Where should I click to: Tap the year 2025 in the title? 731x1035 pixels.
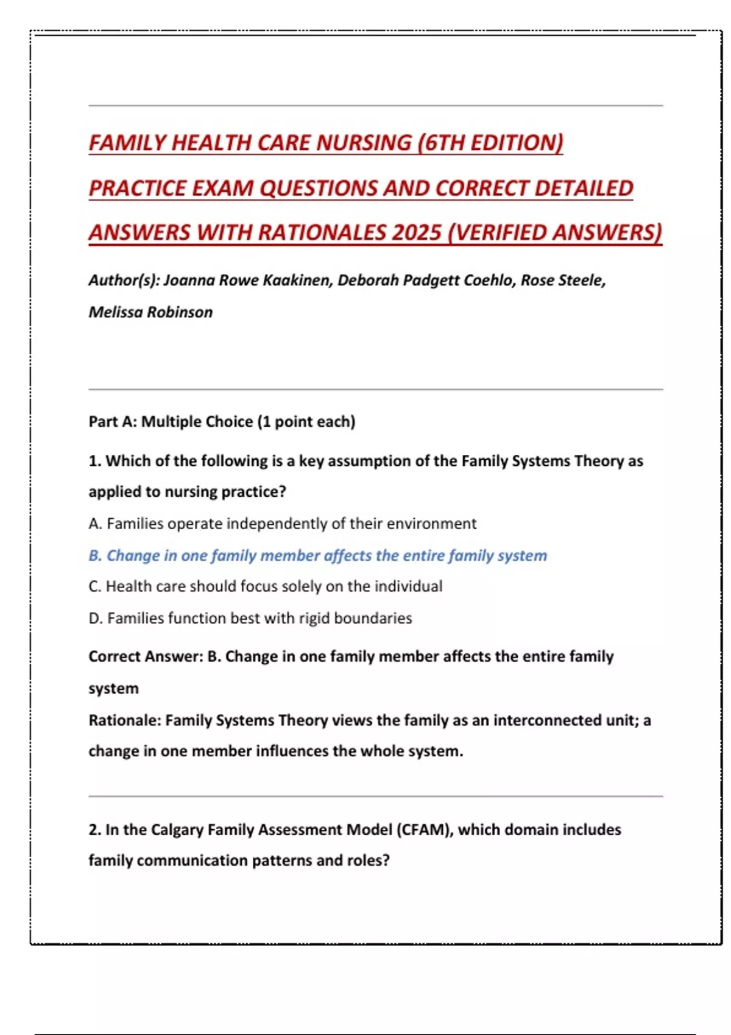[417, 233]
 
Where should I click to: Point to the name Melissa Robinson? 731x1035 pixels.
[150, 312]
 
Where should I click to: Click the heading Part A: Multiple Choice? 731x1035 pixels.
[222, 421]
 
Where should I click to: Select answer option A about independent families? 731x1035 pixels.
[282, 524]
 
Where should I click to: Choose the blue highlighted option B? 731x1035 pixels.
[317, 555]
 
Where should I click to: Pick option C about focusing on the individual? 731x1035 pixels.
[265, 586]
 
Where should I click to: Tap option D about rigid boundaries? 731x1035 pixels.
[250, 618]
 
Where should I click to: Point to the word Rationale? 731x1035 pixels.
[125, 720]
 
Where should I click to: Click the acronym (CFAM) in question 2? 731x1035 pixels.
[425, 830]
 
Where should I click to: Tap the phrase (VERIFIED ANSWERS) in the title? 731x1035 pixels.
[554, 233]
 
